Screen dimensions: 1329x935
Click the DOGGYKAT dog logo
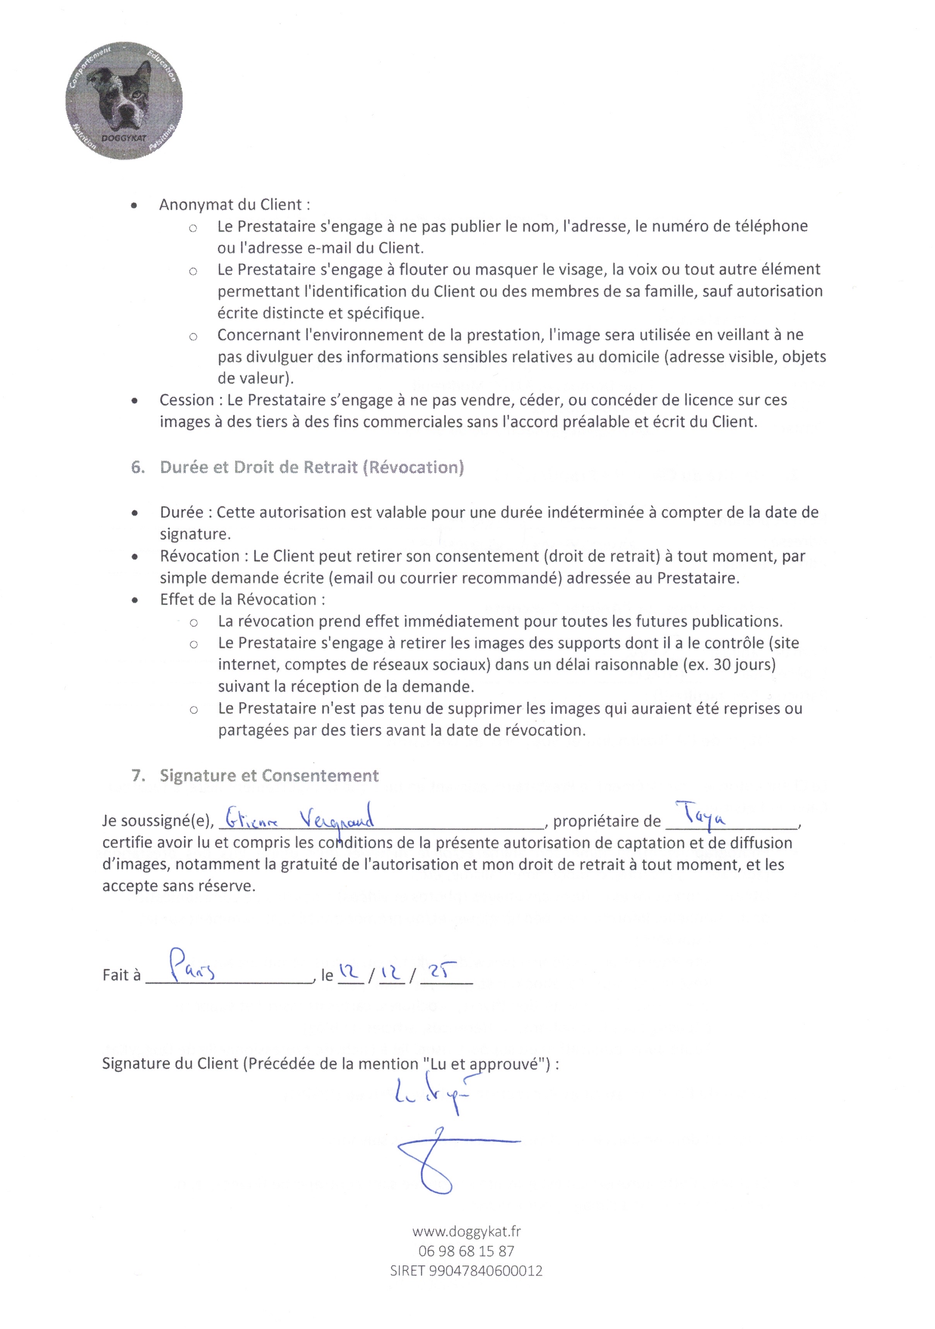click(x=124, y=101)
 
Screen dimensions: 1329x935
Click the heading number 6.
click(x=138, y=468)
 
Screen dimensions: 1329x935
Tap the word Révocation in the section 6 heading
click(x=414, y=468)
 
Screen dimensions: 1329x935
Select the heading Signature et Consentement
click(x=269, y=776)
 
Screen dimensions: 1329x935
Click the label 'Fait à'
click(x=121, y=975)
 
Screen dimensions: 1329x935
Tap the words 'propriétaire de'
click(x=607, y=821)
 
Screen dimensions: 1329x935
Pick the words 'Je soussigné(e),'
click(x=158, y=821)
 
